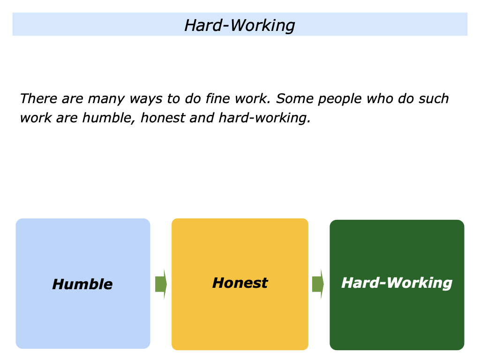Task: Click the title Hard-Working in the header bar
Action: point(240,25)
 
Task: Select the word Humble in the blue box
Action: point(82,284)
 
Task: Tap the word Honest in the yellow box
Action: point(240,283)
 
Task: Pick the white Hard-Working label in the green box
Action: point(397,283)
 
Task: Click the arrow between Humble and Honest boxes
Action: point(161,284)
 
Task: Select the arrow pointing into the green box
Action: point(318,284)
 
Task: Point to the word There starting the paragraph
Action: point(38,98)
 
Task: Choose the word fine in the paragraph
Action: point(217,98)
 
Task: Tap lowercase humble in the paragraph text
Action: point(109,118)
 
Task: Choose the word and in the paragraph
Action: point(202,118)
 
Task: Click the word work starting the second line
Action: point(36,118)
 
